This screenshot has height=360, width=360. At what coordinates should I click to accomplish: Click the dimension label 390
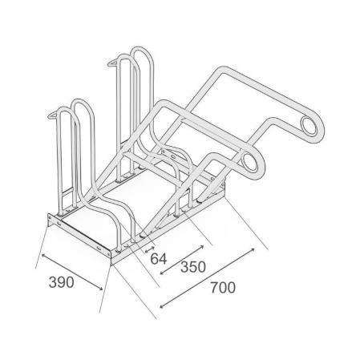(61, 282)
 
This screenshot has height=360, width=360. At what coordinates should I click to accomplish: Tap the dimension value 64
(158, 259)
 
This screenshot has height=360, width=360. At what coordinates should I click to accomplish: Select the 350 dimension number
(193, 267)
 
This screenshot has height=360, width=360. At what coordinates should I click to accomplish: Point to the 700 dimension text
(223, 288)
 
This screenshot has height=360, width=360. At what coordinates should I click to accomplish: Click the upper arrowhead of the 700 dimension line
(253, 250)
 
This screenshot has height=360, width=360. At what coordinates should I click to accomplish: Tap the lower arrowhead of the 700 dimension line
(162, 305)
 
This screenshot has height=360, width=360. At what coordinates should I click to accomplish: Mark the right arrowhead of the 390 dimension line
(100, 288)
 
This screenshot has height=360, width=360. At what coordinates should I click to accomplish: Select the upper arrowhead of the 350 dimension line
(201, 247)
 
